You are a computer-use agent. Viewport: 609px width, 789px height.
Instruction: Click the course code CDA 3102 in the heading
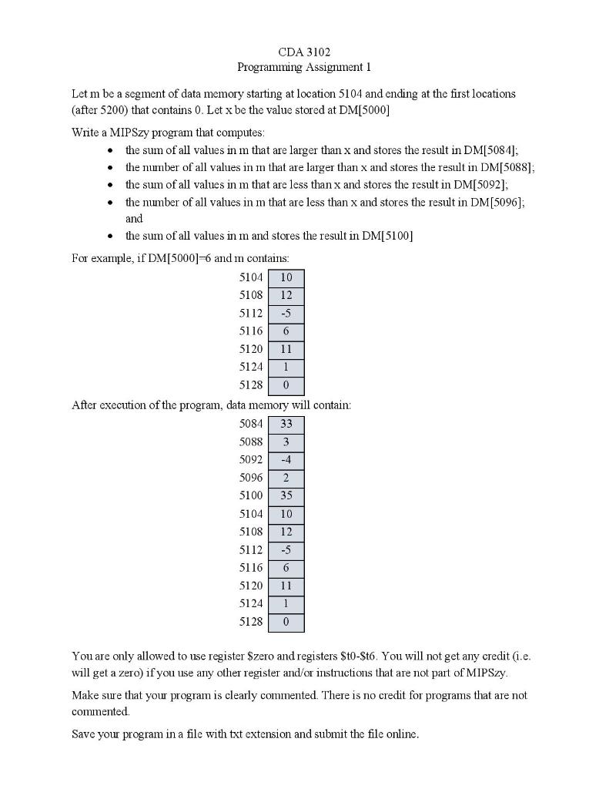(x=304, y=52)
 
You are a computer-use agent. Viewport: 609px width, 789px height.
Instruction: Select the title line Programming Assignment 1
(x=304, y=67)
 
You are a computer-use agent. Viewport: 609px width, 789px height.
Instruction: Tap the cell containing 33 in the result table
(x=286, y=424)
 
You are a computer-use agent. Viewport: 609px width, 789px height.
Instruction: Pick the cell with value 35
(x=286, y=496)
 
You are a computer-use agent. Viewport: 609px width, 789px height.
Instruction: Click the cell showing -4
(x=286, y=460)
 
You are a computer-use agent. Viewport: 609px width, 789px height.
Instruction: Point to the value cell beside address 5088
(x=286, y=442)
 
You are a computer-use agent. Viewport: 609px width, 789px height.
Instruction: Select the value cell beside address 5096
(x=286, y=478)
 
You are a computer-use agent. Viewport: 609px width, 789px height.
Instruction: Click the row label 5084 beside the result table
(x=251, y=424)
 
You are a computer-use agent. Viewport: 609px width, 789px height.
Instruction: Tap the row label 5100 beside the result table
(x=251, y=496)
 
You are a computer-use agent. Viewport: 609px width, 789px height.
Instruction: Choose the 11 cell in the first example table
(x=286, y=350)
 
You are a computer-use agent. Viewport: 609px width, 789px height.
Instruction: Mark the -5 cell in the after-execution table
(x=286, y=550)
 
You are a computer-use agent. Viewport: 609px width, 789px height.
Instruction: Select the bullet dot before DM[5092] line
(x=112, y=185)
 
